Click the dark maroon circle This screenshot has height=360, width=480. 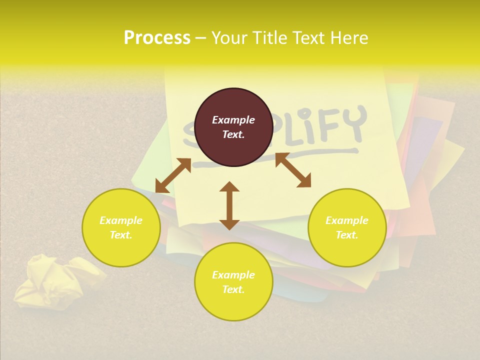pos(233,127)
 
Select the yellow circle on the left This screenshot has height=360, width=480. pos(121,227)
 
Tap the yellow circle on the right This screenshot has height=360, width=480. pos(347,227)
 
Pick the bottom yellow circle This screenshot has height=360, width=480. pos(233,282)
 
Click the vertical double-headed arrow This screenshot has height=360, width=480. pos(229,205)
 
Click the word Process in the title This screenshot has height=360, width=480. pos(157,38)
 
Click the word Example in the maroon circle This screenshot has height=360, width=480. pos(233,120)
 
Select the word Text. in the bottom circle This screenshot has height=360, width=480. pos(233,289)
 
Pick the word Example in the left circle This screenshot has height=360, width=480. pos(121,220)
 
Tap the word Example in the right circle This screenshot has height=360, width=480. pos(347,220)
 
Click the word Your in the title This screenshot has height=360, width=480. pos(228,38)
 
